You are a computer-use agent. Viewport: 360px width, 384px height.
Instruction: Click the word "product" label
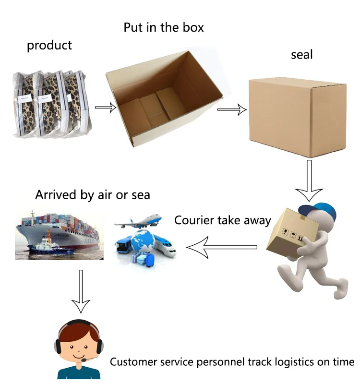click(49, 45)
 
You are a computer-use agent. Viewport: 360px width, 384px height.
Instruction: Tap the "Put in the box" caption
click(164, 27)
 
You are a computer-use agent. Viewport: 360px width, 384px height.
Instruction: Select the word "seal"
click(302, 54)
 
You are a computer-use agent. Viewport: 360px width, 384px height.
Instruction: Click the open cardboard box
click(164, 98)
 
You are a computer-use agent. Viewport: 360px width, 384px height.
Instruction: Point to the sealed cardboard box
click(297, 117)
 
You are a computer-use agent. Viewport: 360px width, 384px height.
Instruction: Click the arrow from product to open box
click(106, 107)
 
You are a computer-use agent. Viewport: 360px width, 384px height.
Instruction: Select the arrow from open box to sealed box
click(232, 109)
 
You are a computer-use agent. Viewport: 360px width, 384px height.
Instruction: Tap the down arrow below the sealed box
click(309, 180)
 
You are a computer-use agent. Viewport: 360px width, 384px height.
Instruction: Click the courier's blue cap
click(318, 211)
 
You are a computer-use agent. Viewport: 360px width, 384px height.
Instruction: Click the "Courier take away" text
click(223, 220)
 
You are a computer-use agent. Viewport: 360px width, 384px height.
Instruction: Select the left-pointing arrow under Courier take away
click(222, 247)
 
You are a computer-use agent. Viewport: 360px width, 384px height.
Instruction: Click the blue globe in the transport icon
click(143, 241)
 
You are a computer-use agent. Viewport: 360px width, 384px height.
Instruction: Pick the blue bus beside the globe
click(123, 244)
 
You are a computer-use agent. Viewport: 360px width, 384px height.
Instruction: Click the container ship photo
click(59, 235)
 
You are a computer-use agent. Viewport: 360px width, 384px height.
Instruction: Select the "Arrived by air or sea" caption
click(93, 195)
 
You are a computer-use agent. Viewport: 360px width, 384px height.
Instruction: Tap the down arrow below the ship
click(81, 291)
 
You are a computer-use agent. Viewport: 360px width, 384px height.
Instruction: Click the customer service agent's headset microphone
click(84, 360)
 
